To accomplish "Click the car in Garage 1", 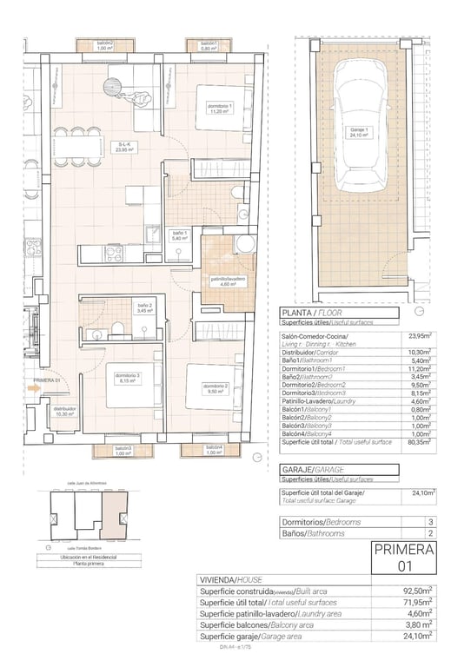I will click(x=359, y=131).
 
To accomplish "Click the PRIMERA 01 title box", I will click(x=403, y=557).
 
